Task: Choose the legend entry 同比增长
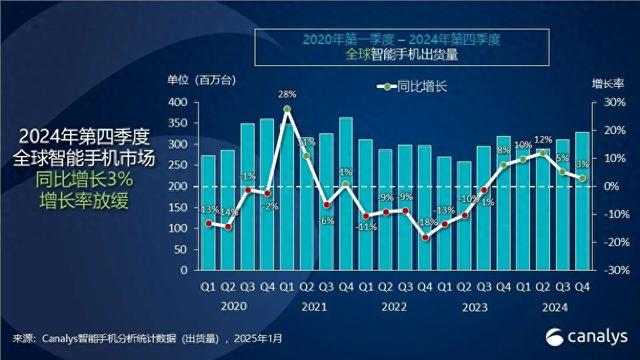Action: click(x=414, y=88)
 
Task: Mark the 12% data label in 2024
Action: click(x=544, y=140)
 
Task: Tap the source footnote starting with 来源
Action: click(x=151, y=338)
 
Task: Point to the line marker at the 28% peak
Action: click(x=286, y=109)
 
